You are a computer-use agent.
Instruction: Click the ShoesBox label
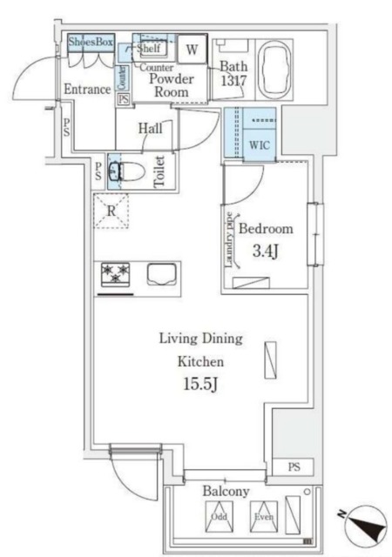point(91,42)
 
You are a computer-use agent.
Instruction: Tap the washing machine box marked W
point(193,50)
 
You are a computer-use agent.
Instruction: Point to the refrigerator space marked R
point(112,211)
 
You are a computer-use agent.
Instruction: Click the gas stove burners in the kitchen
point(114,275)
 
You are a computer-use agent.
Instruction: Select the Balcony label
point(226,492)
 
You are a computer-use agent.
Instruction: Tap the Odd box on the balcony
point(218,521)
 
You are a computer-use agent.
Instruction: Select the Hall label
point(150,129)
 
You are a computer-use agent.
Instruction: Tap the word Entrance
point(86,90)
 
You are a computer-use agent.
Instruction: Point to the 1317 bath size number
point(233,82)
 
